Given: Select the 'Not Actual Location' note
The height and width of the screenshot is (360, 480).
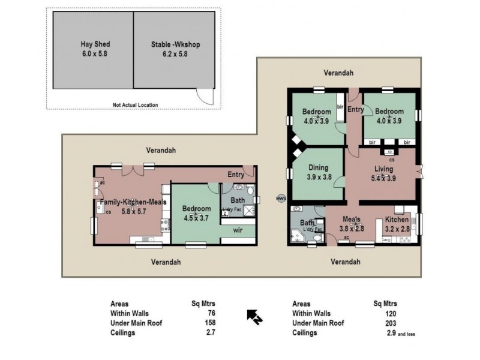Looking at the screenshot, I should click(135, 105).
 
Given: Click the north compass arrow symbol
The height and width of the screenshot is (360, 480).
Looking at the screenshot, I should click(253, 316).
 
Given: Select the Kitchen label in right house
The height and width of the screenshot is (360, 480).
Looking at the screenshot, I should click(397, 220).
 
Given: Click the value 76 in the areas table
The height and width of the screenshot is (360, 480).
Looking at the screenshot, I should click(211, 313).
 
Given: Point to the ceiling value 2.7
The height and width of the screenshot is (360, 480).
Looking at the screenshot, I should click(211, 332).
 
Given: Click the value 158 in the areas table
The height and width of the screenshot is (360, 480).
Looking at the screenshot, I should click(211, 323).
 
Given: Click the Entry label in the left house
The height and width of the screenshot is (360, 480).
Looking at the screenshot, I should click(235, 175).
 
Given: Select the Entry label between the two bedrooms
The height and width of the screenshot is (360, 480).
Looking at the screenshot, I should click(355, 109).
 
